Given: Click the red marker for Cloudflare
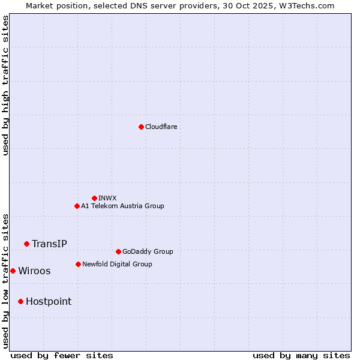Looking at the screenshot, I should click(141, 127).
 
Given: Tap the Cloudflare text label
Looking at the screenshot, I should click(161, 127).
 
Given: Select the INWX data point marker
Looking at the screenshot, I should click(94, 198).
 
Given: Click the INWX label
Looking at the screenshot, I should click(107, 198).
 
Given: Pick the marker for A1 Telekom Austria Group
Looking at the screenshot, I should click(77, 206).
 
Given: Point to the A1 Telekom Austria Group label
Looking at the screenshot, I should click(122, 206).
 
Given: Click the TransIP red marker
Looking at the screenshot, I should click(26, 244).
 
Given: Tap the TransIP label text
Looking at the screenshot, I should click(49, 244).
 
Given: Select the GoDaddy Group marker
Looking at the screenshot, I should click(118, 251).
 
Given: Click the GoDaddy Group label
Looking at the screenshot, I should click(148, 251).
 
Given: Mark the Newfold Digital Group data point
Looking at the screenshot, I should click(78, 264).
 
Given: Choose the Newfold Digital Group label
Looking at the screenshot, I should click(117, 264).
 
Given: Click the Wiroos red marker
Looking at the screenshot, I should click(13, 271).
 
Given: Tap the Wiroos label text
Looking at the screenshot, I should click(34, 271).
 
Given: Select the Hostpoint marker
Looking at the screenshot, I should click(20, 301).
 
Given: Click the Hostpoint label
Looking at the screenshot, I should click(49, 301).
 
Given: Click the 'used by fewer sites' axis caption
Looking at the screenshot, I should click(62, 355).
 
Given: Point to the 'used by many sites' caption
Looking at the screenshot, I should click(301, 355).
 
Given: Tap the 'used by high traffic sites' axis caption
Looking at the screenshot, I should click(5, 85).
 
